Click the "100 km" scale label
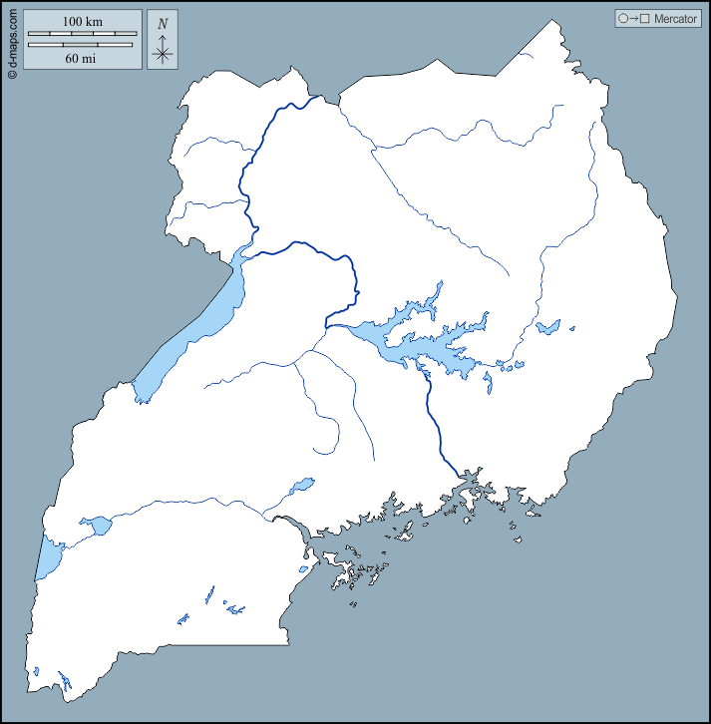coord(82,21)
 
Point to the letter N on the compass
coord(163,23)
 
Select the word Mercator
coord(675,19)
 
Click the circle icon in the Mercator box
coord(623,19)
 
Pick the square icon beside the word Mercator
coord(645,19)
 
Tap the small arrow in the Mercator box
coord(634,19)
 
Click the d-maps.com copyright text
coord(12,40)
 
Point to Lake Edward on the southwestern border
coord(47,558)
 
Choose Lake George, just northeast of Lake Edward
coord(98,526)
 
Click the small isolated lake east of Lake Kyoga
coord(546,327)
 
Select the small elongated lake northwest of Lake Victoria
coord(300,487)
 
